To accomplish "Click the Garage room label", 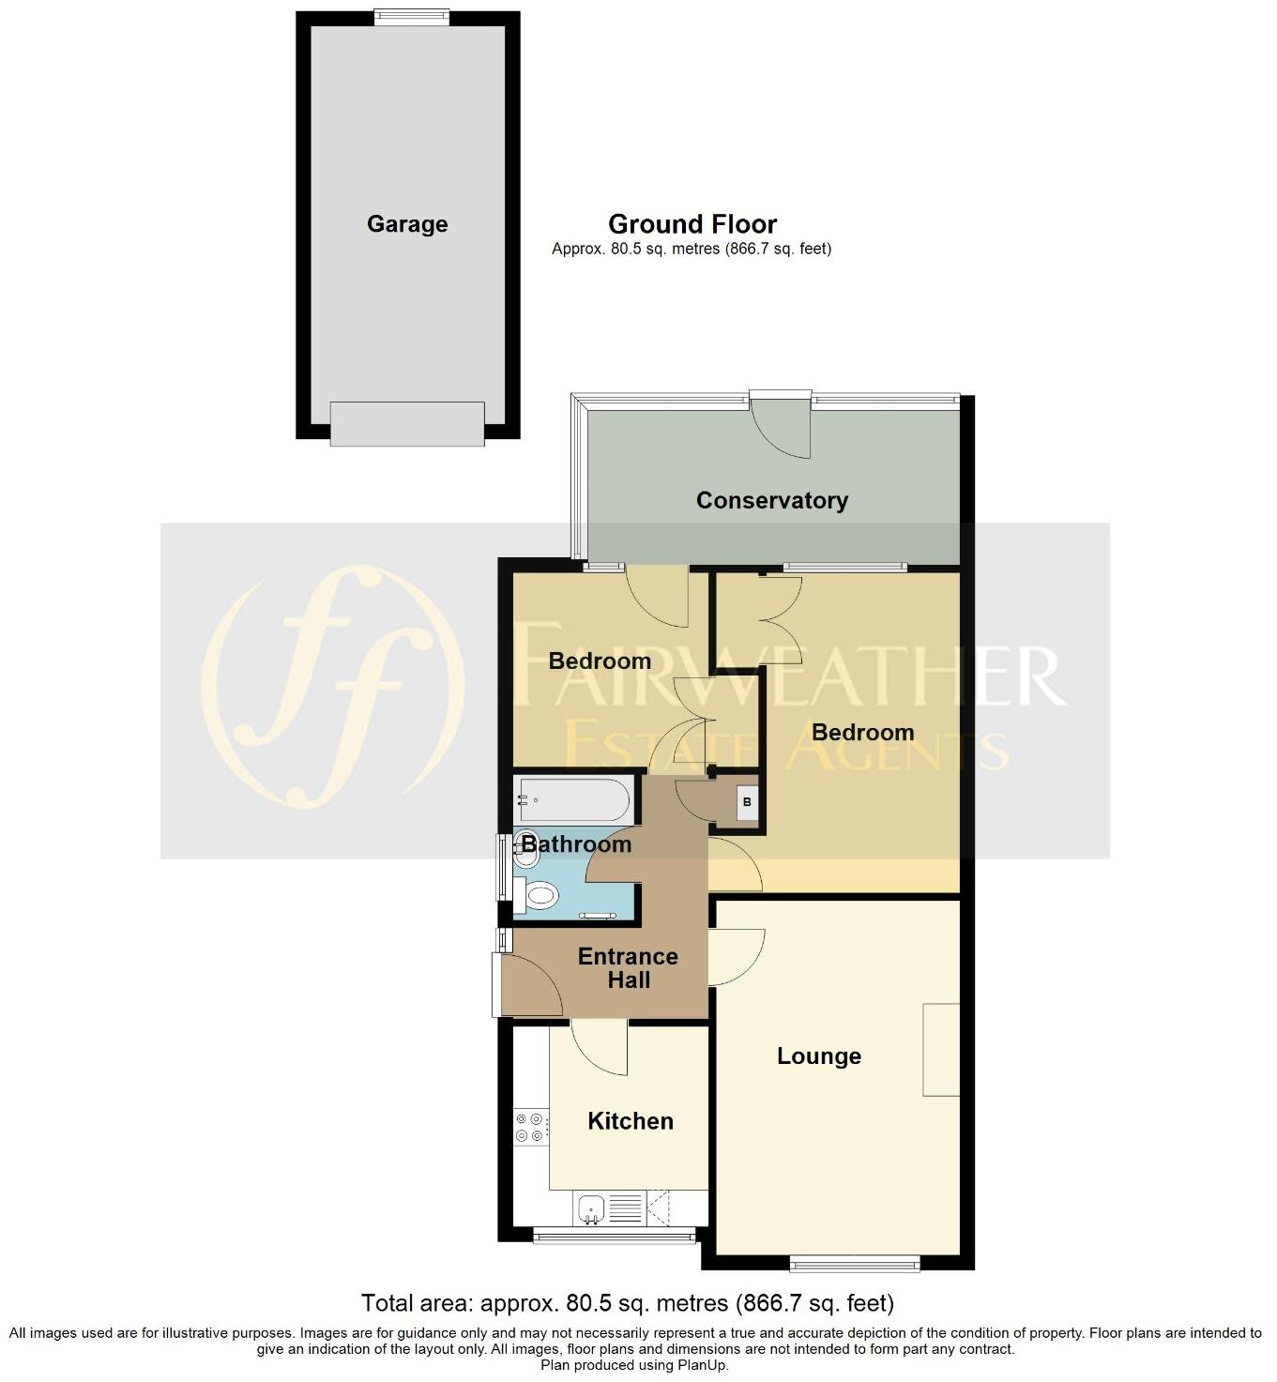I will tap(407, 224).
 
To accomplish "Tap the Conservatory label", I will tap(771, 500).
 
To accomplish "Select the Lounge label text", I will tap(818, 1056).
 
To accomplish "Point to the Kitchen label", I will tap(630, 1121).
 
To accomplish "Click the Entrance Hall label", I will tap(628, 968).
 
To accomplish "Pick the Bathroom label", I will tap(576, 844).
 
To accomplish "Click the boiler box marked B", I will tap(747, 803).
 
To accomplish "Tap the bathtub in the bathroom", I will tap(572, 800).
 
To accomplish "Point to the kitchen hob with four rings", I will tap(530, 1127).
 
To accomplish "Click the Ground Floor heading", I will tap(692, 225).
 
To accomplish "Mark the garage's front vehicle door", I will tap(407, 424).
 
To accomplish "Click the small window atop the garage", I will tap(411, 17).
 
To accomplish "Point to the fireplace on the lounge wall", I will tap(941, 1049).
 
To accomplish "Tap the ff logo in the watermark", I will tap(332, 688).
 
